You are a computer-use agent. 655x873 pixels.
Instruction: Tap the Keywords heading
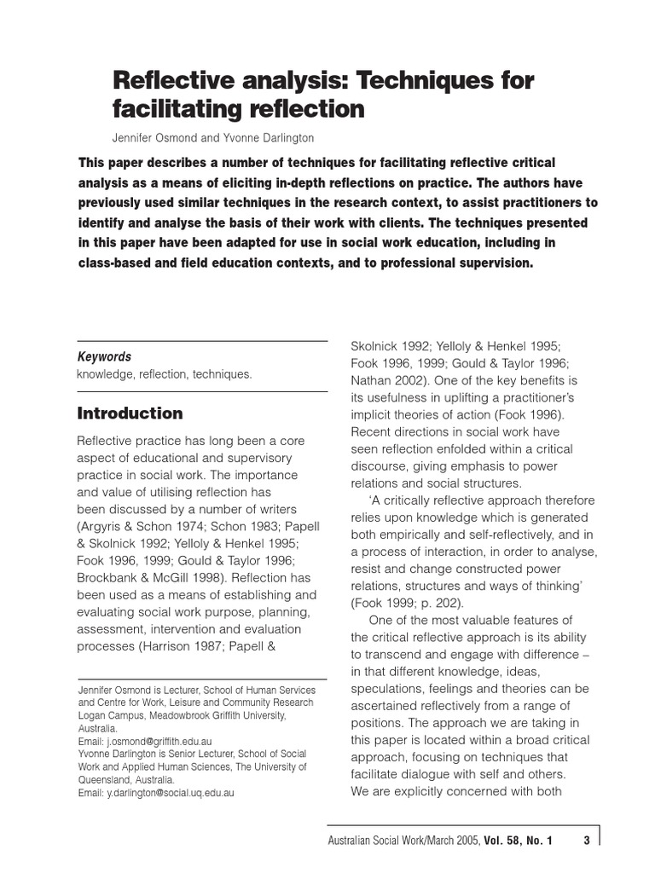coord(104,357)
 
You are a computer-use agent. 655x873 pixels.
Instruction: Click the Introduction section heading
coord(130,413)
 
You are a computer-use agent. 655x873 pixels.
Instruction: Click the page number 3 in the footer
coord(587,841)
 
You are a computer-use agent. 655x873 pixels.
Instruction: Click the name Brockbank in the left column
coord(113,577)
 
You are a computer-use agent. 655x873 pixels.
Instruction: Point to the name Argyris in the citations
coord(106,508)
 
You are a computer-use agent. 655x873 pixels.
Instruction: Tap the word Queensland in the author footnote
coord(107,779)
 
